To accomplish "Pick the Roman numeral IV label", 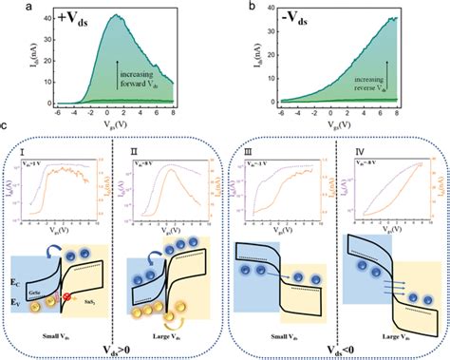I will click(x=351, y=149).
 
